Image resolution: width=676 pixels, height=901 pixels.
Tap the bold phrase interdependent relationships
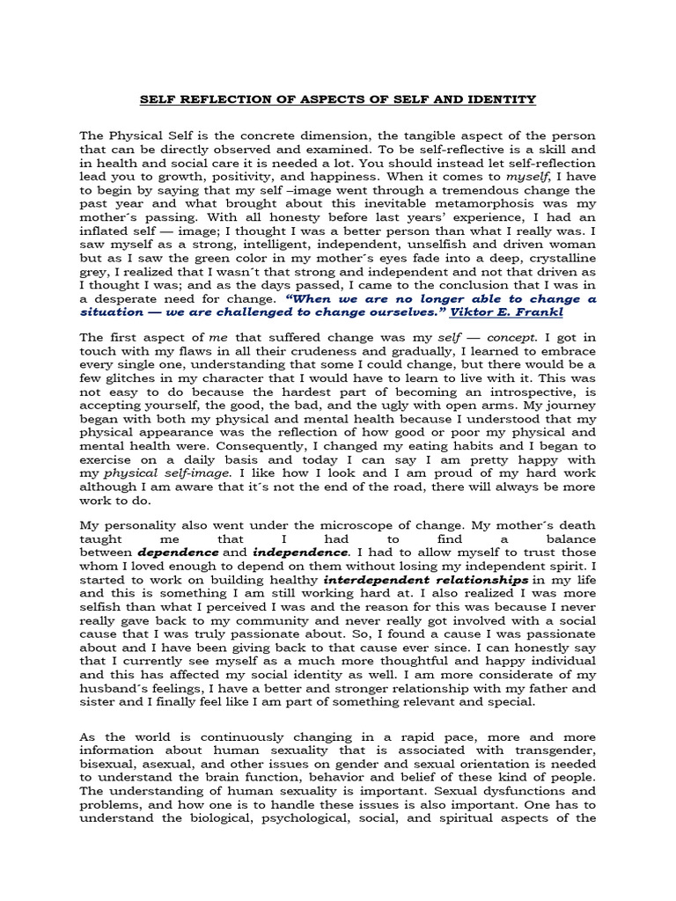point(426,581)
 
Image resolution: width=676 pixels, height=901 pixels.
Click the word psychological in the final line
point(300,818)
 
